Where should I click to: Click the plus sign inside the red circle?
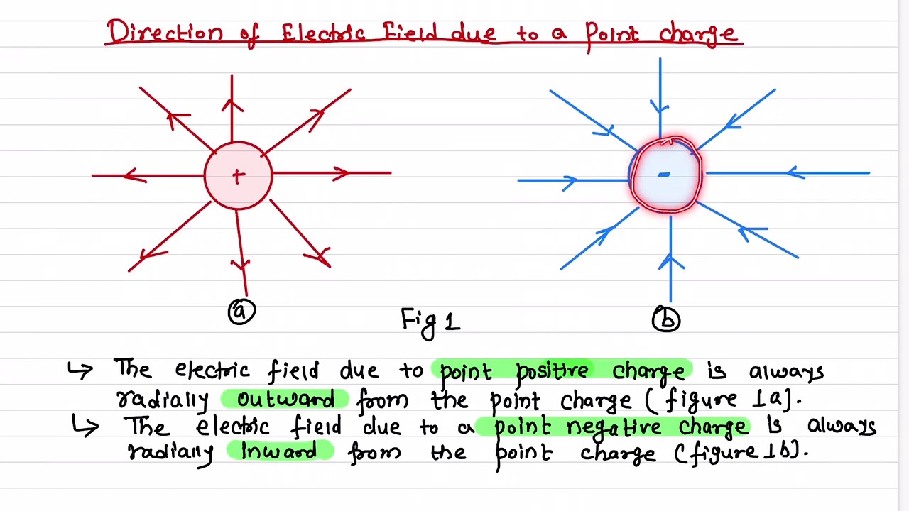point(238,177)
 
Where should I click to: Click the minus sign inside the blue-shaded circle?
point(664,174)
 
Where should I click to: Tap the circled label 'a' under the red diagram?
point(241,312)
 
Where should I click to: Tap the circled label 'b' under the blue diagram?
point(666,319)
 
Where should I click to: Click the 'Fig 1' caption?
point(430,321)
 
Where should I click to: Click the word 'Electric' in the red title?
point(323,33)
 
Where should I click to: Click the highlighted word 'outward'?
point(285,399)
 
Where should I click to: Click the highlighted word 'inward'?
point(279,451)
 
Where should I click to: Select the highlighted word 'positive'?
point(553,371)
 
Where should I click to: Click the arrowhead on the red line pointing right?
point(342,172)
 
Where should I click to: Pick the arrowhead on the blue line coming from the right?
point(796,172)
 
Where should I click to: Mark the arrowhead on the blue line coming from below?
point(670,262)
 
